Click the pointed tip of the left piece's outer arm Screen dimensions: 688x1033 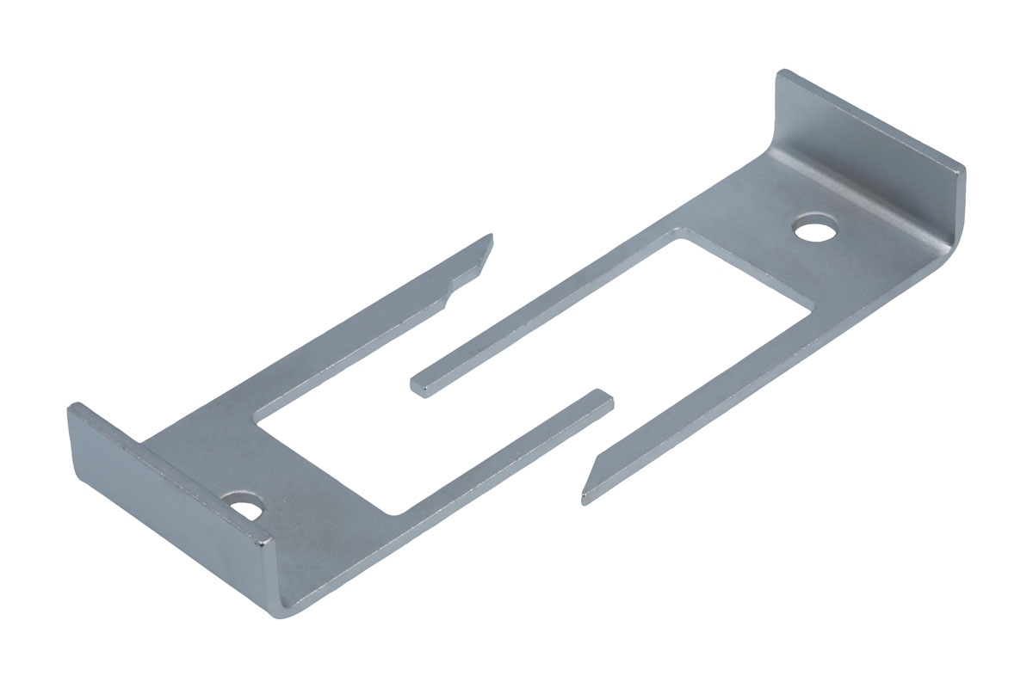[490, 238]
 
